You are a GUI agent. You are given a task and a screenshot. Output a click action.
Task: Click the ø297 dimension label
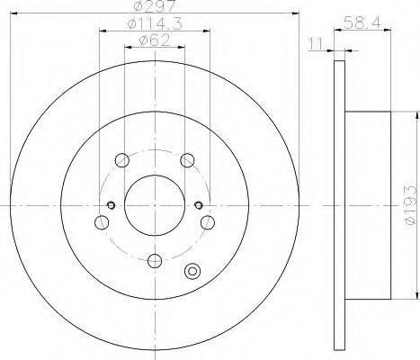click(155, 6)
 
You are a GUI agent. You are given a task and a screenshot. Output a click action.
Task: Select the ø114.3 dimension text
click(155, 23)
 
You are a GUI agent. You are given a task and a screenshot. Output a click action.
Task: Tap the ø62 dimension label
click(155, 40)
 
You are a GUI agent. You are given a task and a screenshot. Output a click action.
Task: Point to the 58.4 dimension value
click(362, 22)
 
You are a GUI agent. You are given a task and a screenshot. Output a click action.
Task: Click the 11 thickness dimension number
click(316, 44)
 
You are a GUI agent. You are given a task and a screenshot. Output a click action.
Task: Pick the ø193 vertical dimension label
click(410, 205)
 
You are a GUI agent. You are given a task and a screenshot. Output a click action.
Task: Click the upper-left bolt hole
click(122, 160)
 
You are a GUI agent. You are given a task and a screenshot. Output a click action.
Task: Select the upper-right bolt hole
click(188, 160)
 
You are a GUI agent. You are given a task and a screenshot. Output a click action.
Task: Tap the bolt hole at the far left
click(102, 222)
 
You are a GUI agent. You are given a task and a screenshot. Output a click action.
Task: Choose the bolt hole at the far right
click(208, 222)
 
